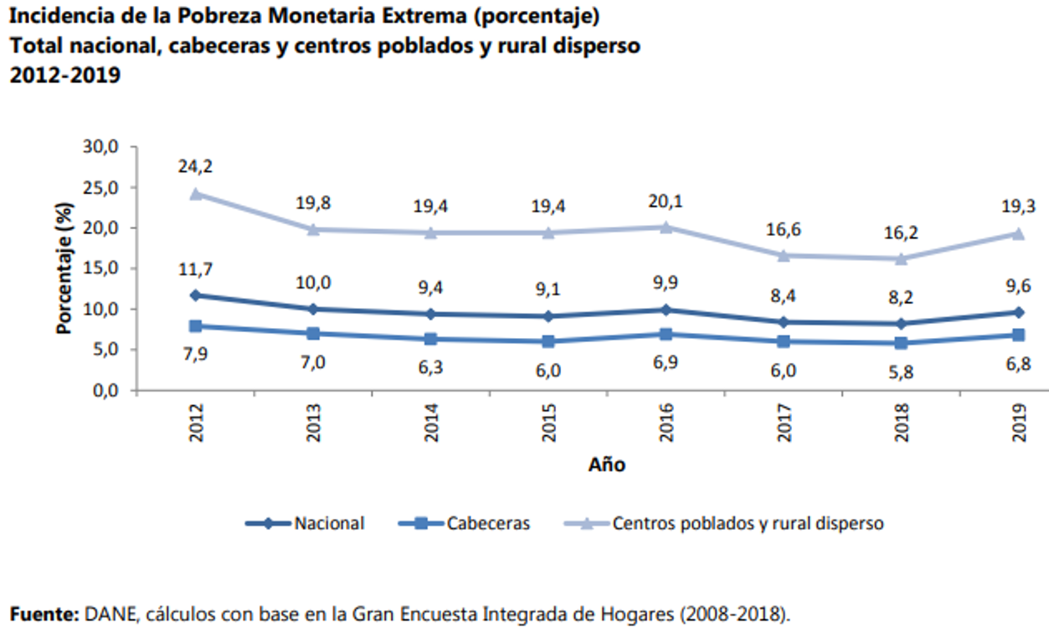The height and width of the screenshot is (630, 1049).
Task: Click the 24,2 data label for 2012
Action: pyautogui.click(x=196, y=166)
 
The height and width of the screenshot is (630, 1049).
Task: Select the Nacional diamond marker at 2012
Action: pyautogui.click(x=196, y=295)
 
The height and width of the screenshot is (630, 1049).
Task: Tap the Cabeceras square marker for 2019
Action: pyautogui.click(x=1018, y=335)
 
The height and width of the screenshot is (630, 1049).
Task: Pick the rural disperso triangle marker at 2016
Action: pyautogui.click(x=666, y=227)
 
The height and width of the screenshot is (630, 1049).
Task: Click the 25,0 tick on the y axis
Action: pyautogui.click(x=101, y=187)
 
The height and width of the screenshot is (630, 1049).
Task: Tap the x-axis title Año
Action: pyautogui.click(x=606, y=464)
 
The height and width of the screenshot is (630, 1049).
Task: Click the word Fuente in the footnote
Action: pyautogui.click(x=42, y=613)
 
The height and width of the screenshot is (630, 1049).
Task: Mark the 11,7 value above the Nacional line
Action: pyautogui.click(x=196, y=269)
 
